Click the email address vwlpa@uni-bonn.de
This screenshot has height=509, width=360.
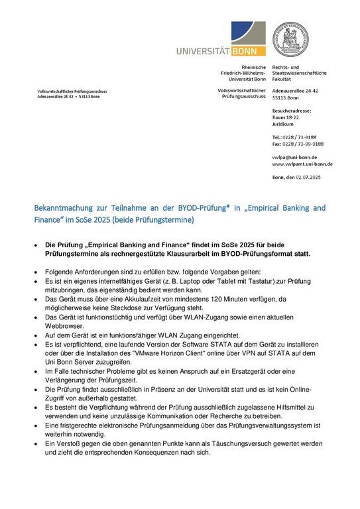294,157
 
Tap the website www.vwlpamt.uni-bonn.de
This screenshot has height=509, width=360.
302,164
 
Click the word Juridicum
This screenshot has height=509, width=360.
283,124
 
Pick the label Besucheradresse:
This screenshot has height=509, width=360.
292,111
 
